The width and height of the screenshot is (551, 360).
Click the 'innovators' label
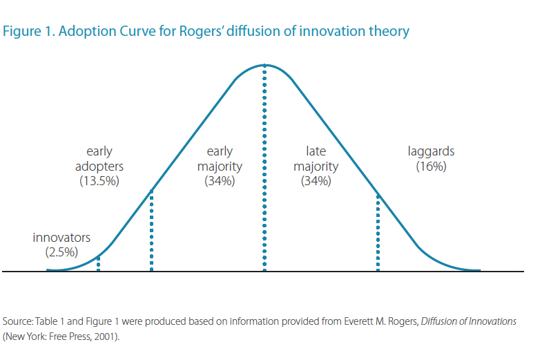(x=61, y=238)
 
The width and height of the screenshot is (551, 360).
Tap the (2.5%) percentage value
(x=61, y=252)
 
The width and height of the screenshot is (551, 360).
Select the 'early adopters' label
(x=99, y=159)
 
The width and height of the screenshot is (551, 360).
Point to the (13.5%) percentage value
(x=99, y=182)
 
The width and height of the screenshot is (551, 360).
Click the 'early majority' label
(x=220, y=159)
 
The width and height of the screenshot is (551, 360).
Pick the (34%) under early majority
(x=220, y=182)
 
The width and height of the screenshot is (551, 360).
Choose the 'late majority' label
(x=316, y=159)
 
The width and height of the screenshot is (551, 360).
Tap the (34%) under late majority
(x=316, y=182)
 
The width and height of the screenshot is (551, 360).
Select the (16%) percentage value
(x=432, y=167)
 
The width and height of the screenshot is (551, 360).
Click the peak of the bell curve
(x=264, y=65)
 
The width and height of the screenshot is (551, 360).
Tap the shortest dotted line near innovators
(x=99, y=263)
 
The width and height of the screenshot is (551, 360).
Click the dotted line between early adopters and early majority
(x=151, y=231)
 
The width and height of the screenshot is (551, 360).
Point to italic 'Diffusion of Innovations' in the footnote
(x=468, y=322)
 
